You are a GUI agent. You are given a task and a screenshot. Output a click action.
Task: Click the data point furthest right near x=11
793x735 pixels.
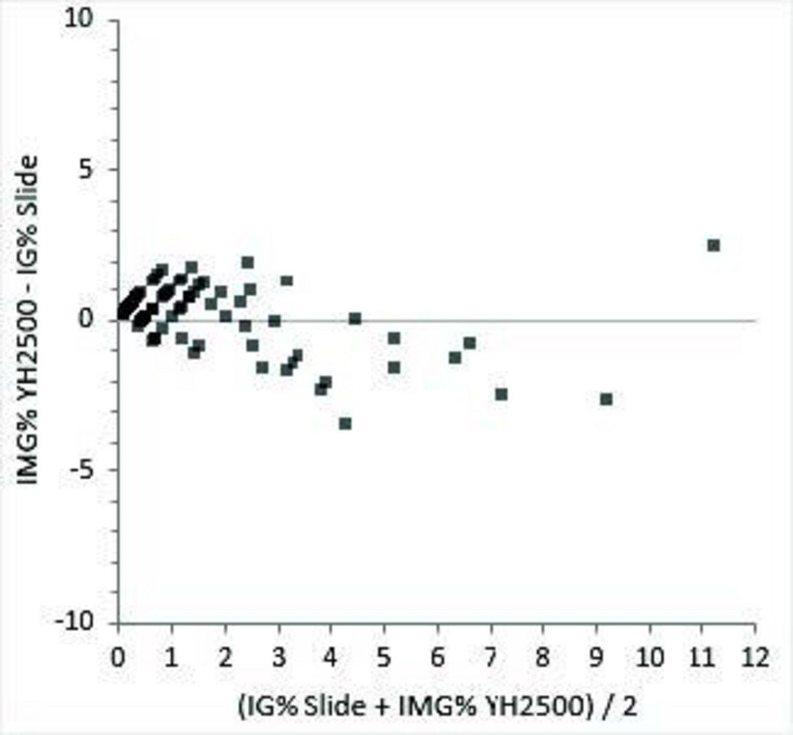[713, 245]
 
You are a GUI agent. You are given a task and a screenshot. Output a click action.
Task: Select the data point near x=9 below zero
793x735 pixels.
[606, 399]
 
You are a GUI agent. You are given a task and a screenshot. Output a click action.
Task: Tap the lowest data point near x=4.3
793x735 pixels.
[345, 423]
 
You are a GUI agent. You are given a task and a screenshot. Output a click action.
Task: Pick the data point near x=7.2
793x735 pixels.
[501, 395]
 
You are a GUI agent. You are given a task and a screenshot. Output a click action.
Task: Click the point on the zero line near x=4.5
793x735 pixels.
[355, 319]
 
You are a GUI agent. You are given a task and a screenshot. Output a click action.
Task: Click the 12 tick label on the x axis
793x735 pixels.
[755, 658]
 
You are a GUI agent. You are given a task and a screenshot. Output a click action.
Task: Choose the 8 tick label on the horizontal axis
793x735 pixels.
[543, 658]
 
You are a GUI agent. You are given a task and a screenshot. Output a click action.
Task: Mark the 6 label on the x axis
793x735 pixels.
[437, 658]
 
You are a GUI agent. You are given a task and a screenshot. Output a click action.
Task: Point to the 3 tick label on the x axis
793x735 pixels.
[278, 658]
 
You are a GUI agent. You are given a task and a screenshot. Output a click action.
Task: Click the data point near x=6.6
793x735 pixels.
[469, 343]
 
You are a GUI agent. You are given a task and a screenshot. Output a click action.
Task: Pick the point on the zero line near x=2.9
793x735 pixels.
[274, 321]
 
